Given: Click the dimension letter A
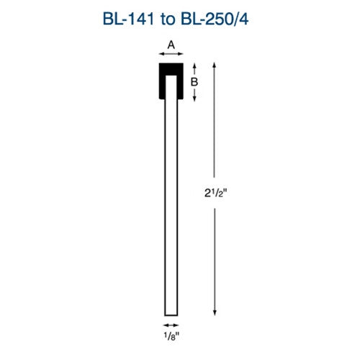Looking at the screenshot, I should pos(171,45).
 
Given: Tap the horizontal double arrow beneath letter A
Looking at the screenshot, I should pos(171,54).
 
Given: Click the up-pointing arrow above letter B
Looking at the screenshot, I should pos(194,68).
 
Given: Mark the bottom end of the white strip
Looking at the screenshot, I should pos(171,313).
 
